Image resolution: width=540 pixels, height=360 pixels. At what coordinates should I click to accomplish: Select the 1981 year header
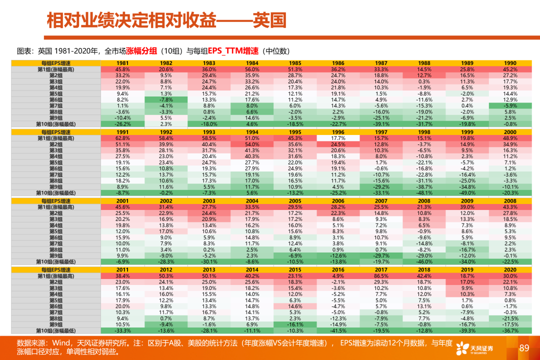(x=123, y=62)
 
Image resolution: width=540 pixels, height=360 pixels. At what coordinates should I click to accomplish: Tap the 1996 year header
(x=338, y=131)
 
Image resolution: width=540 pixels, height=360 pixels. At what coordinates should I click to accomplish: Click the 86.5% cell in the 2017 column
(x=381, y=275)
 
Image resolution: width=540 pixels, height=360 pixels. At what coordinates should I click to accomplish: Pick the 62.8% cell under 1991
(x=123, y=138)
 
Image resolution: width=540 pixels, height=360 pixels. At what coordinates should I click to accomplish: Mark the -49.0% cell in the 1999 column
(x=467, y=192)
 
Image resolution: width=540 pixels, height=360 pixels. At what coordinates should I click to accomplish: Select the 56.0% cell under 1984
(x=252, y=69)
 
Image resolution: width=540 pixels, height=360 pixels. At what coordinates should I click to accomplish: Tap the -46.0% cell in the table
(x=424, y=261)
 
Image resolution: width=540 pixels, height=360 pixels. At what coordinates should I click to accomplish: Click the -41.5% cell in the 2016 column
(x=338, y=330)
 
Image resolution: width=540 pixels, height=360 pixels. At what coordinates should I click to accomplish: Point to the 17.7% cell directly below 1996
(x=338, y=138)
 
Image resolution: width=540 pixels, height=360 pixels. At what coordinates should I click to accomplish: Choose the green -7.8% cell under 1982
(x=166, y=99)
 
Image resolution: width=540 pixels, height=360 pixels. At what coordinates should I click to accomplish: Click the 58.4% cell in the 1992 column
(x=166, y=138)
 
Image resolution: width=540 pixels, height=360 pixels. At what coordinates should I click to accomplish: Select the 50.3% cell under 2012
(x=166, y=275)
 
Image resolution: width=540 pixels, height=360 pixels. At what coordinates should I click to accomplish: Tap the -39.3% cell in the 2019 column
(x=467, y=330)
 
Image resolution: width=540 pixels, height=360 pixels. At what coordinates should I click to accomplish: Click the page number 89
(x=524, y=348)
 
